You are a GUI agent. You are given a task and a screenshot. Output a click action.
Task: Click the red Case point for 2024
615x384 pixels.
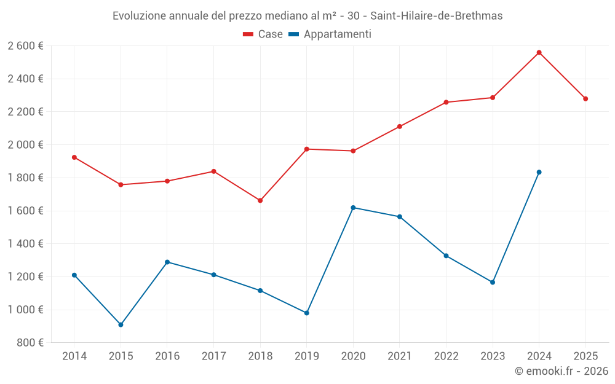539,52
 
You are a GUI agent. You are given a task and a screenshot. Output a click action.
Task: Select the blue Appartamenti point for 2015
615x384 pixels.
121,324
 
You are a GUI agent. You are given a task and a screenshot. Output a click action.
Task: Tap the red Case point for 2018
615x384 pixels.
260,200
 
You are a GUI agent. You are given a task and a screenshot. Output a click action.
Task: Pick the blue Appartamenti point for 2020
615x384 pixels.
353,208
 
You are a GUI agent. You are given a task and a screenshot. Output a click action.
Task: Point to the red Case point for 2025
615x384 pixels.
585,99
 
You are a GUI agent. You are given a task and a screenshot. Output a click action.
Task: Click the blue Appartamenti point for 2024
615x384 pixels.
539,172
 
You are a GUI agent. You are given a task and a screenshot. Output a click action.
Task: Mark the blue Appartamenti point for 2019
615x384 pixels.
307,313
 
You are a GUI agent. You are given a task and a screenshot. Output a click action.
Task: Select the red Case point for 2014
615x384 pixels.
74,157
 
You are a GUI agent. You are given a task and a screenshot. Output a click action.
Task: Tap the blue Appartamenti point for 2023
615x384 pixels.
493,282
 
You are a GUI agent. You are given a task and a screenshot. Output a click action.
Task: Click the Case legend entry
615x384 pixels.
263,34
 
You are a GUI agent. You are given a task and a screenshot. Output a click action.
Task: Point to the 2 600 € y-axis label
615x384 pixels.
25,46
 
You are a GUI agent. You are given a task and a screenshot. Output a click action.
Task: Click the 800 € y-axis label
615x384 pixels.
30,343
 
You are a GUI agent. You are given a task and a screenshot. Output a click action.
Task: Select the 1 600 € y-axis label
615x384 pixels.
25,211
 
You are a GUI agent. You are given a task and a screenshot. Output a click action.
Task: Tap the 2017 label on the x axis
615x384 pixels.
213,356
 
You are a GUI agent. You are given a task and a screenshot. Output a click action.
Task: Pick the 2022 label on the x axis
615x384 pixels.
446,356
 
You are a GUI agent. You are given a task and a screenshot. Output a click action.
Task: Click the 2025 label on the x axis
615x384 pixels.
585,356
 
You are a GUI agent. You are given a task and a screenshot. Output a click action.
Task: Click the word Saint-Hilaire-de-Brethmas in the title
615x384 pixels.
435,16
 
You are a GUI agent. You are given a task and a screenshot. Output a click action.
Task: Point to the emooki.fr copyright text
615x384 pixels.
561,371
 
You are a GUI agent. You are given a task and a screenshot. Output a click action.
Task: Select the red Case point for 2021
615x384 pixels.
400,127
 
